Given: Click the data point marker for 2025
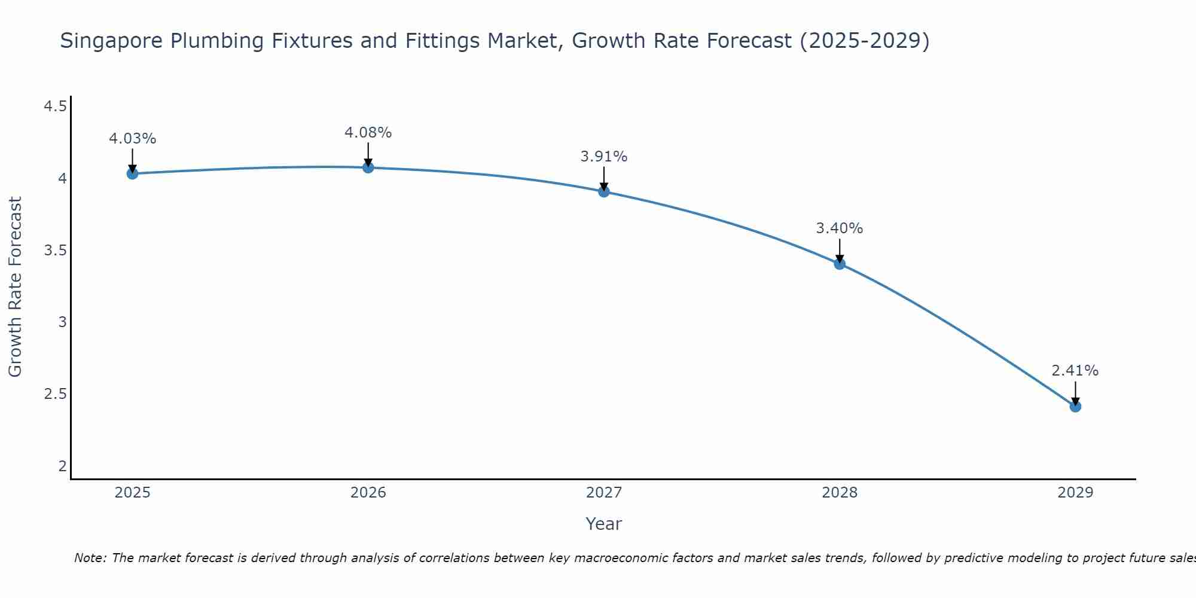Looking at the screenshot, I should click(132, 173).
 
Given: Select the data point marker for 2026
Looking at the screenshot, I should click(368, 167).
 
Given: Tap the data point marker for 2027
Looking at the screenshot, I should click(604, 191).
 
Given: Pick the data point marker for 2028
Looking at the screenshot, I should click(840, 264).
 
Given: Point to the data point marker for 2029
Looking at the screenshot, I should click(1075, 407).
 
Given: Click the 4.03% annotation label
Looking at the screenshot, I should click(132, 139).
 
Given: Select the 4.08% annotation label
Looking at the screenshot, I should click(368, 133).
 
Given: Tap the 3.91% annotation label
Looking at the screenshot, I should click(604, 157).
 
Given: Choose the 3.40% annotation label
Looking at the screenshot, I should click(840, 228).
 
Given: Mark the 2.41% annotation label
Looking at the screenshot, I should click(1075, 371).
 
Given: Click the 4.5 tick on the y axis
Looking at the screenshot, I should click(55, 106).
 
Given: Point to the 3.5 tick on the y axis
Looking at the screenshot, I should click(55, 251).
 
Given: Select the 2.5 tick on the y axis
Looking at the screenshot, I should click(55, 394).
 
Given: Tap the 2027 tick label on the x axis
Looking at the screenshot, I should click(604, 493).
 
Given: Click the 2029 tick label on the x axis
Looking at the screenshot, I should click(1075, 493).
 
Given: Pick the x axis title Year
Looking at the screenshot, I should click(604, 524).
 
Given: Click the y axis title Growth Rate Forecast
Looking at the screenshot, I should click(16, 287).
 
